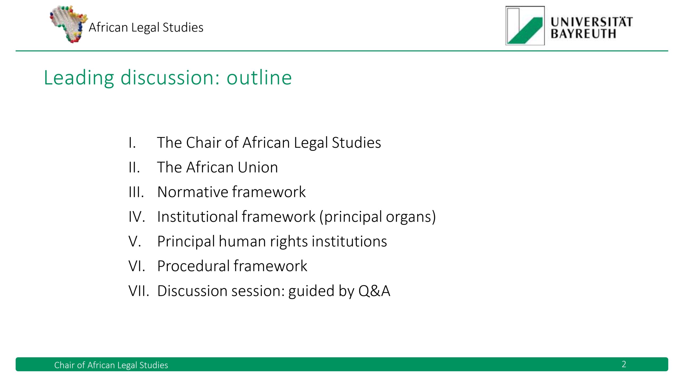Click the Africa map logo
[x=69, y=24]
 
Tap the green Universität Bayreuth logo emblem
[x=525, y=26]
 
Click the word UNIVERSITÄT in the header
[x=592, y=22]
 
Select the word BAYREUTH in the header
[x=583, y=34]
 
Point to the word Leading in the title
[x=79, y=78]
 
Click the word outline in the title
[x=259, y=77]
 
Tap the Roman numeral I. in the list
[x=132, y=143]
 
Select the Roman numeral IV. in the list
[x=137, y=217]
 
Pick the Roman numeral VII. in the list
[x=139, y=291]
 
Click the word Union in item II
[x=258, y=168]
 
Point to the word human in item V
[x=242, y=242]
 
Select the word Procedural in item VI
[x=193, y=266]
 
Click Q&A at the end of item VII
[x=374, y=291]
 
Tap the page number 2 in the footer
[x=624, y=364]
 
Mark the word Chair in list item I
[x=203, y=143]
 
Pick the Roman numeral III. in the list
[x=136, y=192]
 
